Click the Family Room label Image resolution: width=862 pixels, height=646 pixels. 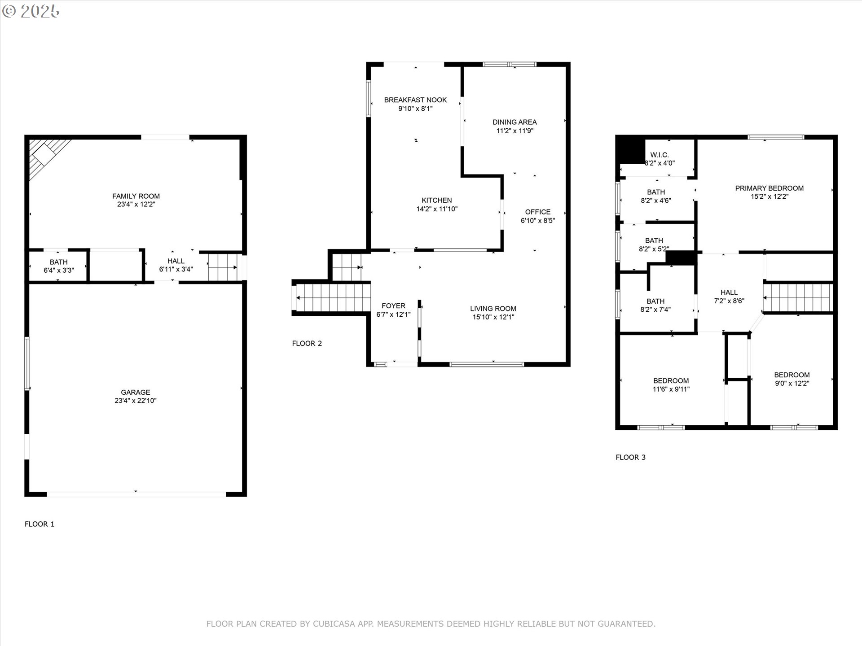[x=136, y=196]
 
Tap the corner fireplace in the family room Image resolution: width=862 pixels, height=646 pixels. [x=45, y=155]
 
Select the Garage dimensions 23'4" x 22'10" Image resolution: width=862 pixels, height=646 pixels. [x=136, y=401]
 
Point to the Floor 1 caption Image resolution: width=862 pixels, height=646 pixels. [x=40, y=524]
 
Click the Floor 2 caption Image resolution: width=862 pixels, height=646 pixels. [x=307, y=344]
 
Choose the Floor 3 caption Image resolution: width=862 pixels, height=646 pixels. [x=631, y=458]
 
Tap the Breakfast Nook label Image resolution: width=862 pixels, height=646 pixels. [x=415, y=100]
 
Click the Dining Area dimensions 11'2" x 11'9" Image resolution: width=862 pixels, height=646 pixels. [x=515, y=131]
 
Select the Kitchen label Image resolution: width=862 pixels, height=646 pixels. [x=437, y=201]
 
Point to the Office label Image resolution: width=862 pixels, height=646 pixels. [x=538, y=212]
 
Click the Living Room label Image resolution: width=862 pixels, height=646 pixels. [x=493, y=309]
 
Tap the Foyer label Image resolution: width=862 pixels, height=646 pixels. [x=393, y=306]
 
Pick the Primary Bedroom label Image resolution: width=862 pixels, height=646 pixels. [x=770, y=188]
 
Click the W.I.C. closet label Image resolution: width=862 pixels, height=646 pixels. [x=660, y=155]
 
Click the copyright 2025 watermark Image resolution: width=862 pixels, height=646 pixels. [x=31, y=11]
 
